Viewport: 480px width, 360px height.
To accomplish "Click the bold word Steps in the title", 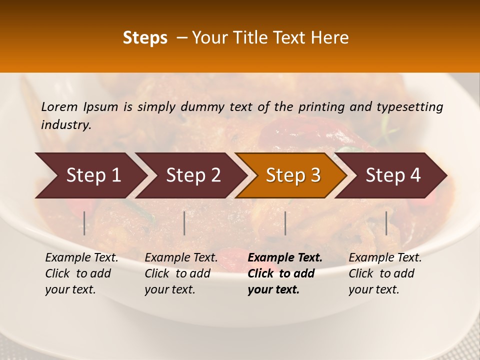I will pyautogui.click(x=145, y=38).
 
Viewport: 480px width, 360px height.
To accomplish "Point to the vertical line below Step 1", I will pyautogui.click(x=84, y=223).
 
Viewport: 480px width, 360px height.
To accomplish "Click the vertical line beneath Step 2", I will pyautogui.click(x=184, y=223).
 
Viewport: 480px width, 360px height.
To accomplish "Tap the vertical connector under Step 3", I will pyautogui.click(x=285, y=223).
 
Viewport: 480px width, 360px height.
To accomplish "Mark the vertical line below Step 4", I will pyautogui.click(x=386, y=223).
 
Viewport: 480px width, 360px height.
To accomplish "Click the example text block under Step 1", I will pyautogui.click(x=81, y=273).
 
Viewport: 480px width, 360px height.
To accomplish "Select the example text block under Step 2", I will pyautogui.click(x=181, y=273).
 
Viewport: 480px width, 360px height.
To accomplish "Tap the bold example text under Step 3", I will pyautogui.click(x=285, y=273).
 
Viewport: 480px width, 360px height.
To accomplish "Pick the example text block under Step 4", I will pyautogui.click(x=385, y=273).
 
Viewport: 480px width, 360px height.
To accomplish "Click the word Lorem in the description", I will pyautogui.click(x=59, y=107).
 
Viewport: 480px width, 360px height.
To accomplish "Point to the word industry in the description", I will pyautogui.click(x=65, y=125).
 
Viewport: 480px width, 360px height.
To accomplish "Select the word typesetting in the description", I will pyautogui.click(x=409, y=107).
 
